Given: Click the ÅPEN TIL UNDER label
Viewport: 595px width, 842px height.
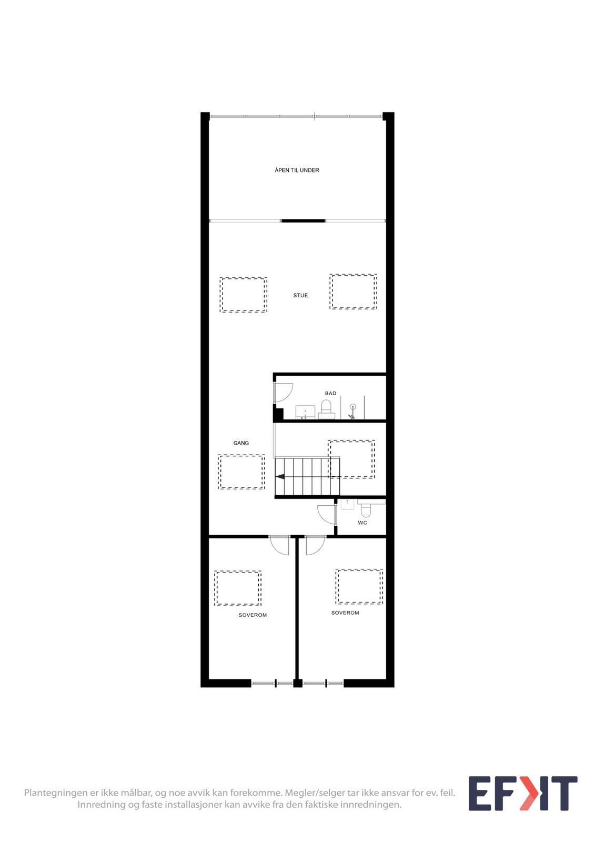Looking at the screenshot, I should click(297, 171).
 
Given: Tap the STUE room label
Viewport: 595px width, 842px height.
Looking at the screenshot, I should click(300, 296).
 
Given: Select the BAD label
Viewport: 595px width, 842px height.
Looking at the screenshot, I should click(330, 394).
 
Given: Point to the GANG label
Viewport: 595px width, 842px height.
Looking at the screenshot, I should click(241, 443).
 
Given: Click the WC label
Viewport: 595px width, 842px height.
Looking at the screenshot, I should click(362, 523).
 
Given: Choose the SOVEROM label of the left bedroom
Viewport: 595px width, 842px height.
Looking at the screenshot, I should click(253, 615).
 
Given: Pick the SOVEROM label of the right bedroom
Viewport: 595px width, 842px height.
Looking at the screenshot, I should click(345, 613).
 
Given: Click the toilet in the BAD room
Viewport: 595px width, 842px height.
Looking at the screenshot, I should click(326, 408).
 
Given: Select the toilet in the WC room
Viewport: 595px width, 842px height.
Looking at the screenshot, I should click(366, 510).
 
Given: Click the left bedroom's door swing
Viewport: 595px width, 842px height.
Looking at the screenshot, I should click(280, 546).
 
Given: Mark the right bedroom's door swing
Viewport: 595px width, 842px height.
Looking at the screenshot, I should click(315, 546).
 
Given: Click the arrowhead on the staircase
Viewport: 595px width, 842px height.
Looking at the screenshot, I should click(280, 477).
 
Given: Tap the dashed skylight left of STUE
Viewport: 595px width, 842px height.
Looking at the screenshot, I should click(244, 295).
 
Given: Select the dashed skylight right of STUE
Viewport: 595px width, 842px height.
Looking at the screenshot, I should click(354, 292).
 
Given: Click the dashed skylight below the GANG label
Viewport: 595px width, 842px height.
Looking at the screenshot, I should click(241, 472).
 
